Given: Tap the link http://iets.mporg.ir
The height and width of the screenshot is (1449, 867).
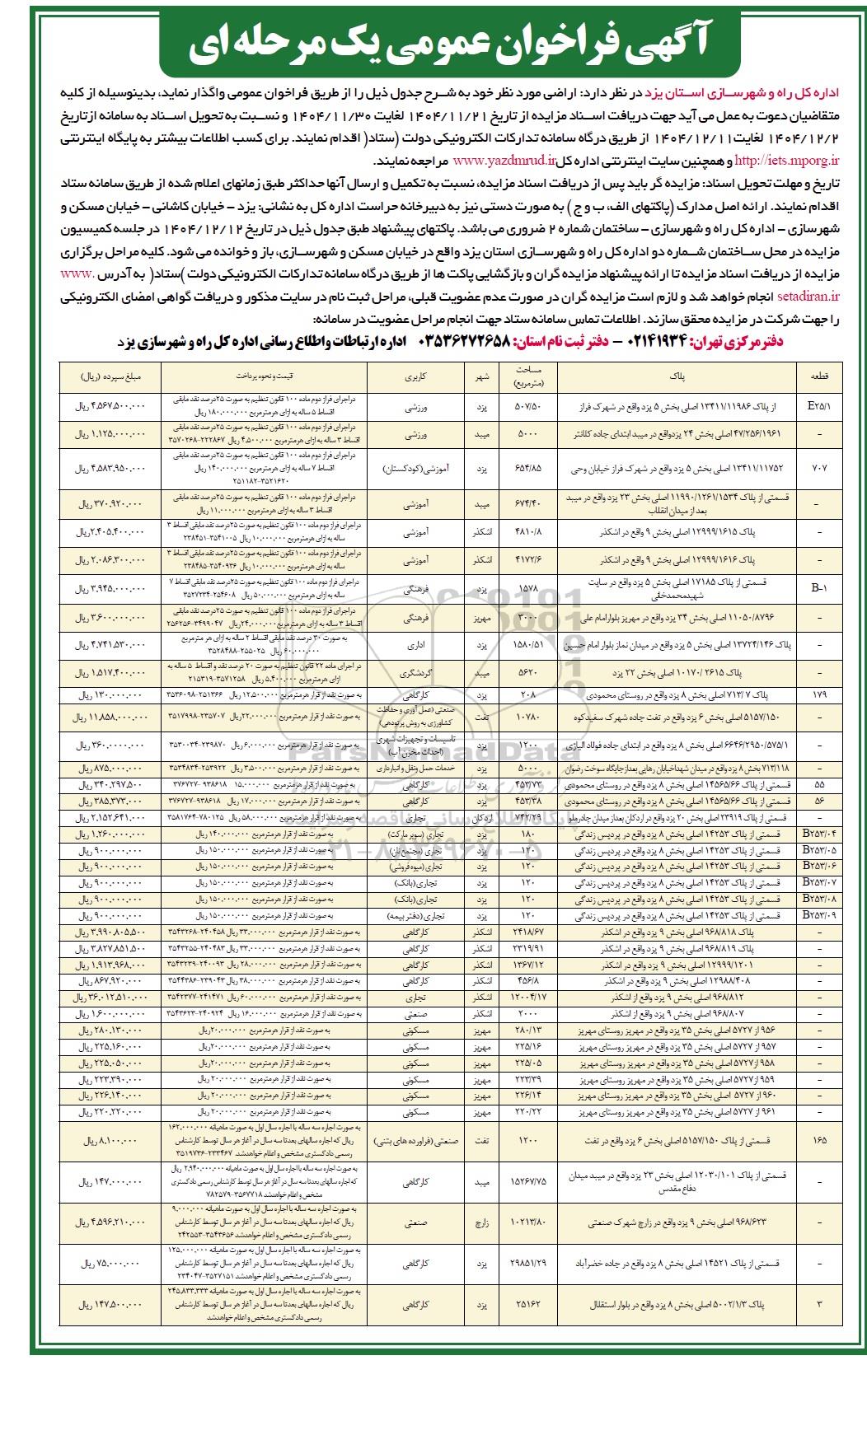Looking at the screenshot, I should point(785,161).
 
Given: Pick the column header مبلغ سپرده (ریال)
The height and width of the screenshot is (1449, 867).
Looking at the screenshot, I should point(111,376).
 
